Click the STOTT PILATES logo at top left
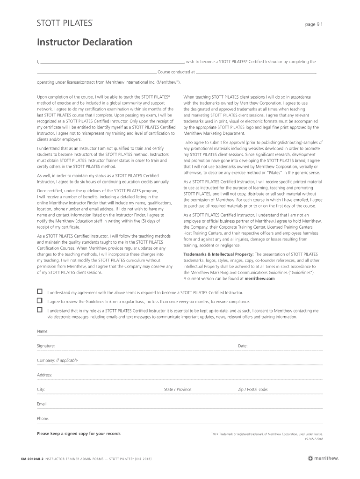click(x=65, y=23)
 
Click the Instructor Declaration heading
click(x=85, y=43)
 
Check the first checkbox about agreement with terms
click(x=40, y=291)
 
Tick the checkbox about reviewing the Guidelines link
click(x=40, y=300)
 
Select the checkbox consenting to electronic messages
click(x=40, y=310)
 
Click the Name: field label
click(x=43, y=331)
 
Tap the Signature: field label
click(x=46, y=346)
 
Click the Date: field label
click(x=243, y=346)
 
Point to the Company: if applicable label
click(x=58, y=360)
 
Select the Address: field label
click(x=45, y=375)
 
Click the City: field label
click(x=41, y=389)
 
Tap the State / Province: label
click(x=178, y=389)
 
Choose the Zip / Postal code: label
click(x=253, y=389)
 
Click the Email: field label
click(x=43, y=404)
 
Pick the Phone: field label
click(x=43, y=418)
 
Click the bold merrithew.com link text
click(x=259, y=278)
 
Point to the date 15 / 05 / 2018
click(x=313, y=438)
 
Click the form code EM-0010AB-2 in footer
click(x=29, y=458)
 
